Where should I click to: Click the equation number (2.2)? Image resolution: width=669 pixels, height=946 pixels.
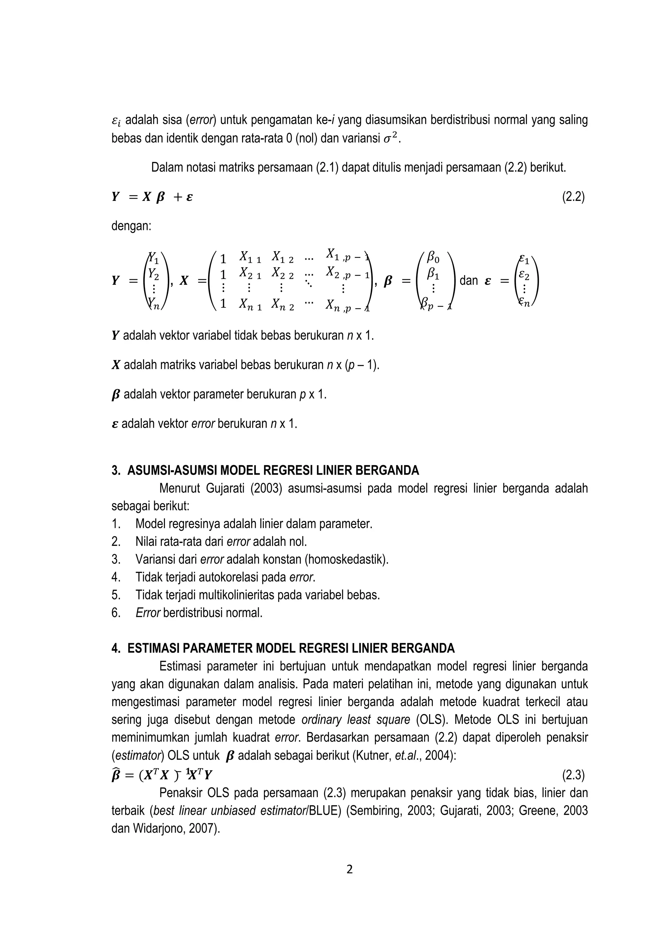(x=573, y=197)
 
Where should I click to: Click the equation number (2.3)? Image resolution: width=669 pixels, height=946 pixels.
(x=573, y=776)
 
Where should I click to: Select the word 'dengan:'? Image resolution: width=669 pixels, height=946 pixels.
(x=131, y=226)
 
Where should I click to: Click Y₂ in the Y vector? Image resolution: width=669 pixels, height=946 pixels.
(x=153, y=273)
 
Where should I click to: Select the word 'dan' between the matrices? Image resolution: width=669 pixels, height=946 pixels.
(x=469, y=281)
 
